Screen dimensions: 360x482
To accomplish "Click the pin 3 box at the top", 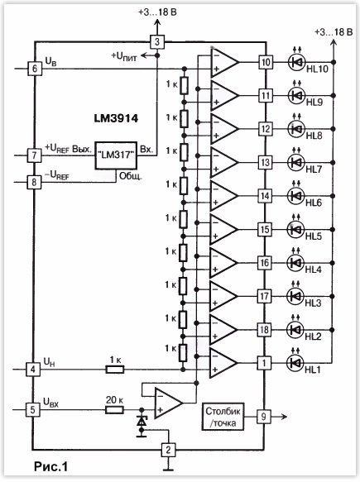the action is click(157, 41).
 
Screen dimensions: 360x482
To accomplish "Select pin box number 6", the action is click(35, 69).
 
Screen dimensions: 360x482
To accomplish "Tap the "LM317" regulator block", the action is click(116, 155).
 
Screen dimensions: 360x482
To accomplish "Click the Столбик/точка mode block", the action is click(223, 417).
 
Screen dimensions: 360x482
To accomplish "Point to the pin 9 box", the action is click(264, 417).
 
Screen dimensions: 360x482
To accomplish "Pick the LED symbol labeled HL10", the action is click(296, 62).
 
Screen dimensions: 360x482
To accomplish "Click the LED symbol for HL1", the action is click(295, 363).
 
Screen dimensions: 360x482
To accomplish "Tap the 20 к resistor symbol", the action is click(115, 410).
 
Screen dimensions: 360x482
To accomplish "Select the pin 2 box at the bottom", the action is click(168, 450).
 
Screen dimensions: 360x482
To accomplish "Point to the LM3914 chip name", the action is click(116, 118).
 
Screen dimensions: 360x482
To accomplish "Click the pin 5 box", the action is click(32, 410).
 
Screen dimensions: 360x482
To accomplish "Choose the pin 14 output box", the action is click(265, 196).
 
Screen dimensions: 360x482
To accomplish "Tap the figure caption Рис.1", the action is click(50, 466).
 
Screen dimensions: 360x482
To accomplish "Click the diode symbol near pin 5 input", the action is click(142, 422).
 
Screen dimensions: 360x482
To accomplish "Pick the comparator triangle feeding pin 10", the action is click(223, 62).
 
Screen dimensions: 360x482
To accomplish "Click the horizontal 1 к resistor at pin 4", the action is click(115, 370).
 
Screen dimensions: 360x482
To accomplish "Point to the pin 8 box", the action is click(34, 182).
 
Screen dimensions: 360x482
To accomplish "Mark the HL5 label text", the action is click(313, 236).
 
